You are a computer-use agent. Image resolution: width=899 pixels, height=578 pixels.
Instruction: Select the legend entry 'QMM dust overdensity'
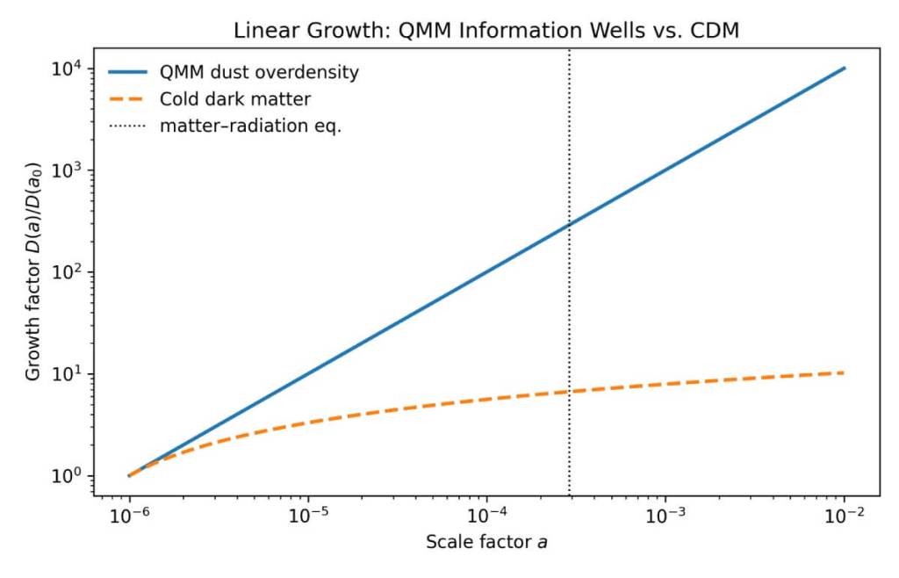259,73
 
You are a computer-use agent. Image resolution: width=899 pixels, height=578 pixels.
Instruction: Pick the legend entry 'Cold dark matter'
234,99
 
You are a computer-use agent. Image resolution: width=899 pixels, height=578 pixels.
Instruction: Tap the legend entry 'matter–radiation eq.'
250,126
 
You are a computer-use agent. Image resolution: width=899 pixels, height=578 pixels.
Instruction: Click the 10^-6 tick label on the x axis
129,517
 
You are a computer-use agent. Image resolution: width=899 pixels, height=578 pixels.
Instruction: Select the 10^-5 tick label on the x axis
308,517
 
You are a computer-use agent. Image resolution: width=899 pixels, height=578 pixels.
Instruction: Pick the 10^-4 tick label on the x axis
487,517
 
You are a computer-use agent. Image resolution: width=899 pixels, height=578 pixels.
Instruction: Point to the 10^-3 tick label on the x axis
666,517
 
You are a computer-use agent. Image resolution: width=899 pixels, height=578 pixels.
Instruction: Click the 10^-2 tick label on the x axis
845,517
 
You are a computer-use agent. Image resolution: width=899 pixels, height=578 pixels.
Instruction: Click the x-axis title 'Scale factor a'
486,543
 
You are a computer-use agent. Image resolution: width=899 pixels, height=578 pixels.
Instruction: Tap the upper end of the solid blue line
845,68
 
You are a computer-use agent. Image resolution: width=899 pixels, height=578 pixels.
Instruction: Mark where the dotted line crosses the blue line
570,224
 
